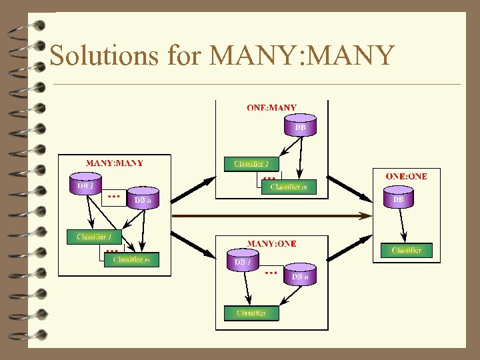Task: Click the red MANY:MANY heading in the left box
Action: [x=114, y=163]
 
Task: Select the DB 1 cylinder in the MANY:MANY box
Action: [x=86, y=185]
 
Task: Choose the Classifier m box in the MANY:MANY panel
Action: [x=132, y=259]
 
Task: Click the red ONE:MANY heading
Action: [x=271, y=107]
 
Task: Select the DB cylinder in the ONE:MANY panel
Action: [x=300, y=126]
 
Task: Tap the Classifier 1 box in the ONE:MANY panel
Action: [x=251, y=163]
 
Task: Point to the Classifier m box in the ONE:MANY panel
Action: [x=289, y=187]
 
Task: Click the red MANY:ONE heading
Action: [x=271, y=244]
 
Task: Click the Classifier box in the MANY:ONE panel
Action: [x=251, y=313]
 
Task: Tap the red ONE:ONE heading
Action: [x=406, y=176]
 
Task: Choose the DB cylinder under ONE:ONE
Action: [x=399, y=197]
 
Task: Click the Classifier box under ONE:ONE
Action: [x=406, y=250]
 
